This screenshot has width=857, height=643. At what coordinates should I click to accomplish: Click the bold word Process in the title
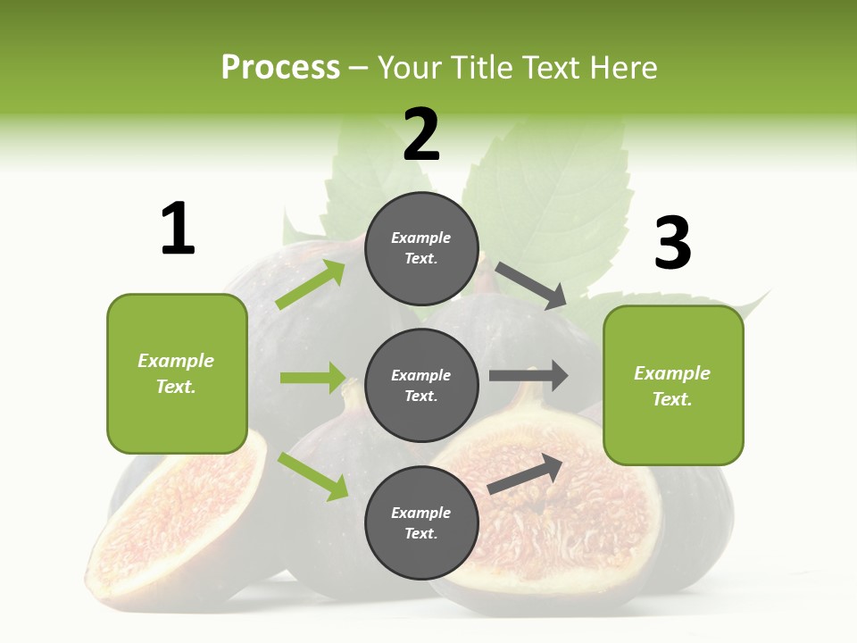point(280,67)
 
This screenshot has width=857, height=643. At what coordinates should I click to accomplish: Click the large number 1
point(178,229)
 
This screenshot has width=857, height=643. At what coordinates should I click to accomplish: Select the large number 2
point(421,135)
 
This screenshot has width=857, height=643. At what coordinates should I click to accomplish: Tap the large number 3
point(672,243)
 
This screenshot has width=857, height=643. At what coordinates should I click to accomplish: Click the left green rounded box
point(177,373)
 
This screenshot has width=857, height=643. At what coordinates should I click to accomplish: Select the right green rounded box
point(673,386)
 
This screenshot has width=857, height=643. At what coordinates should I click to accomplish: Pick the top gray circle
point(421,248)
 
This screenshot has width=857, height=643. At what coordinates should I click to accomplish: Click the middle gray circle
point(421,385)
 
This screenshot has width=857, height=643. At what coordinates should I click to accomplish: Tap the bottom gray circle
point(421,522)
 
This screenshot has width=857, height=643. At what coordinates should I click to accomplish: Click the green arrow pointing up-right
point(311,285)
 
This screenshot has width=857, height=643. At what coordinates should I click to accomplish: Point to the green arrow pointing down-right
point(312,476)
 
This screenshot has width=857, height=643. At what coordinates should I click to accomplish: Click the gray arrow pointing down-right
point(531,286)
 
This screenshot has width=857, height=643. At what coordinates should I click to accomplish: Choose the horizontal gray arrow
point(528,376)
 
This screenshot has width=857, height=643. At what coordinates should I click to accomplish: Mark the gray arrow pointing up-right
point(526,474)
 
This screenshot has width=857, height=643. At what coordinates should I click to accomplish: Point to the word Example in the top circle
point(421,238)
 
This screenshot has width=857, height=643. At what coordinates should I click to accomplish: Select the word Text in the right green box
point(672,399)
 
